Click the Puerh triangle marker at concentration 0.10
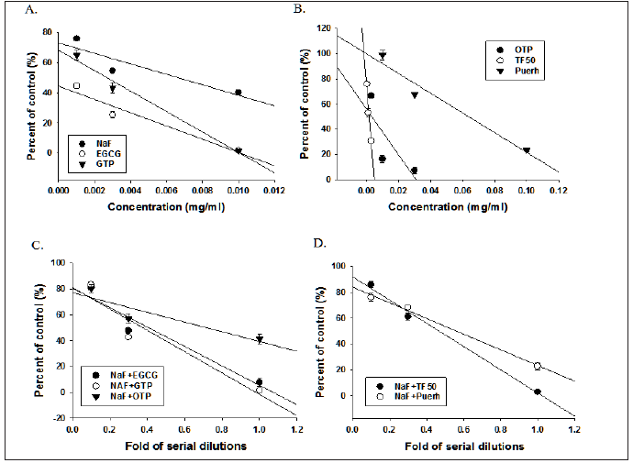527,150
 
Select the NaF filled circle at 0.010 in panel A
238,93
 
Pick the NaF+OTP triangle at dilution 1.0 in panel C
260,339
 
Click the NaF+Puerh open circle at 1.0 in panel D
538,366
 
